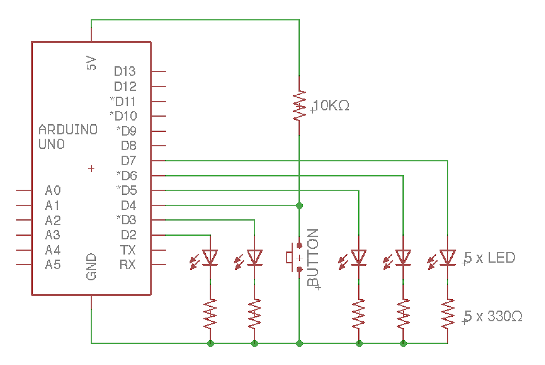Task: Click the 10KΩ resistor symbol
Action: tap(299, 105)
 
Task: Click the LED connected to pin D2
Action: tap(210, 257)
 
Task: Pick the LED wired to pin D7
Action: tap(447, 257)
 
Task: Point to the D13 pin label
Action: tap(125, 72)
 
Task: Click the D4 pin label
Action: tap(128, 205)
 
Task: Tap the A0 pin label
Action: tap(53, 190)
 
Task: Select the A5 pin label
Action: tap(53, 265)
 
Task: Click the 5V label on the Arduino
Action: tap(91, 63)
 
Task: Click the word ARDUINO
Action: tap(68, 130)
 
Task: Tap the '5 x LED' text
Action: tap(489, 258)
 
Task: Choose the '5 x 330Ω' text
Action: tap(493, 316)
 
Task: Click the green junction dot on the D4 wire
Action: tap(299, 206)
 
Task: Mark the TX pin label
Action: tap(128, 250)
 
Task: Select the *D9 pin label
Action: tap(126, 131)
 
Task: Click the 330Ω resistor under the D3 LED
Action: tap(254, 314)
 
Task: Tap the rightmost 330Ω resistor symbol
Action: tap(447, 314)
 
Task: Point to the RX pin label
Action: tap(127, 265)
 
